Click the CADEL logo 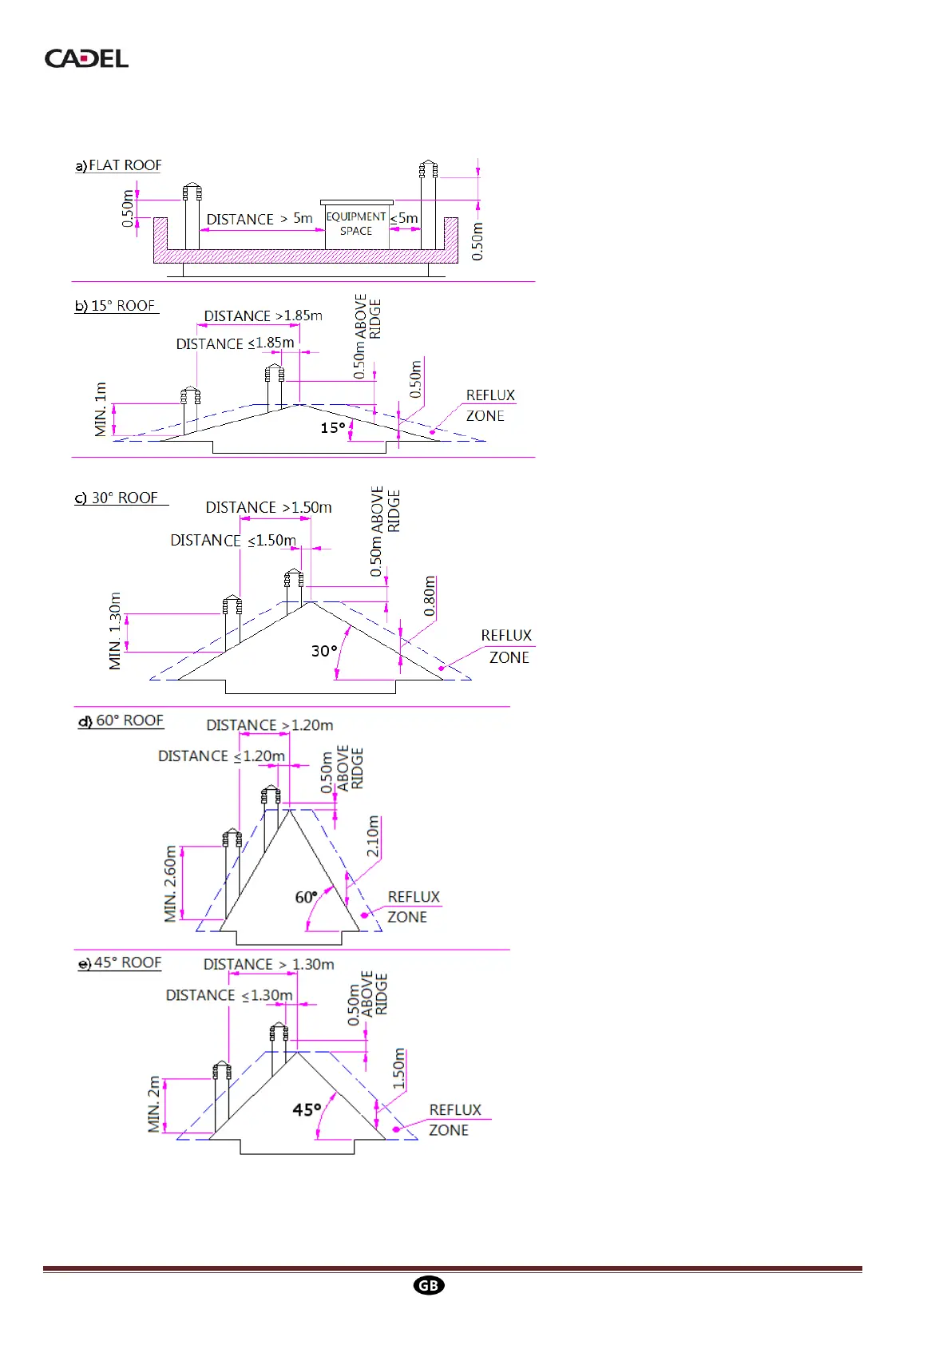pos(86,58)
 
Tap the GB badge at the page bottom pos(429,1285)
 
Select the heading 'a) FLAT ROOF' pos(118,165)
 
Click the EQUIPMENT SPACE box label pos(356,224)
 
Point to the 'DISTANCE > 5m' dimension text pos(260,219)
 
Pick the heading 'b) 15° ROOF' pos(116,306)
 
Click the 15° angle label pos(333,428)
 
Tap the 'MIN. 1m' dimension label pos(101,410)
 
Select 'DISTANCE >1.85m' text pos(263,316)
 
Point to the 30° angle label pos(324,651)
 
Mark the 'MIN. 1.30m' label pos(115,631)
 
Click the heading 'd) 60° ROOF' pos(121,720)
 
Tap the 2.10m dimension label pos(373,837)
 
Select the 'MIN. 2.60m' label pos(170,884)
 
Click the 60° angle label pos(307,897)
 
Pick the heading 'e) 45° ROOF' pos(121,962)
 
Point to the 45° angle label pos(307,1109)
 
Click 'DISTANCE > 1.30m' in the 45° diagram pos(268,965)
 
